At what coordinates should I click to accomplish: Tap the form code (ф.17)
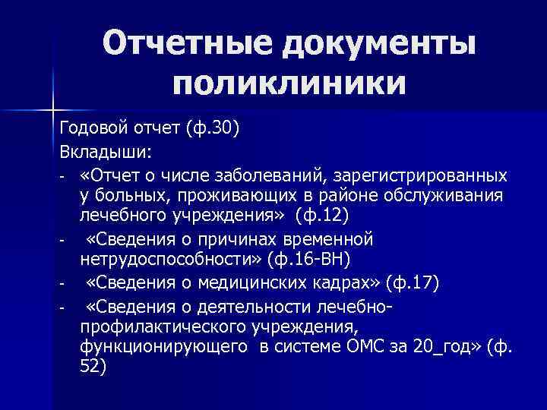(x=412, y=284)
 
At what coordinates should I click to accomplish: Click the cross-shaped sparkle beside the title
(x=53, y=108)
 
